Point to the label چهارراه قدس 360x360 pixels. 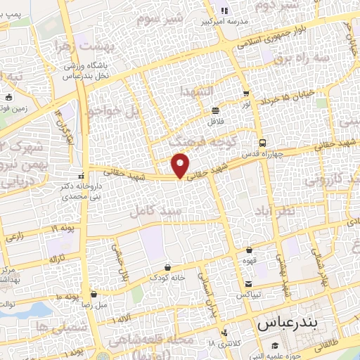[262, 153]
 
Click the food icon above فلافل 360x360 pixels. [214, 110]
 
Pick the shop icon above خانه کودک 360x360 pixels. [167, 266]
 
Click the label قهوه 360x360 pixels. [250, 259]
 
